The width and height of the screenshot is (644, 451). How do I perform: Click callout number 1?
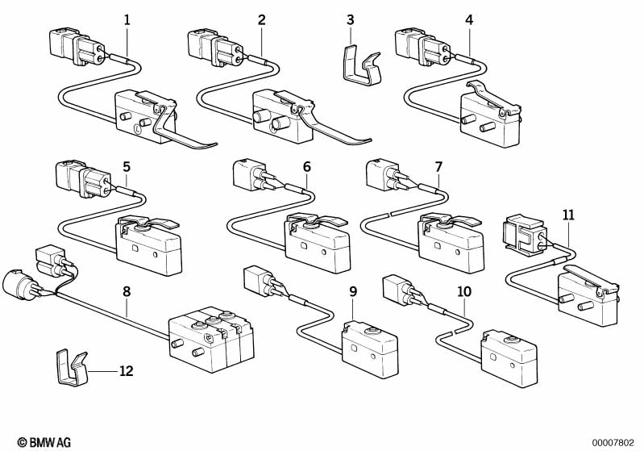coord(127,20)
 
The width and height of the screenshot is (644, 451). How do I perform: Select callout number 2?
coord(262,20)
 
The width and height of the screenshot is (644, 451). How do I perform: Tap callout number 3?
coord(351,20)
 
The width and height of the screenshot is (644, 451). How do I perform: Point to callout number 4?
coord(469,20)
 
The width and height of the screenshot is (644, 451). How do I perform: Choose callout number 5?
coord(127,167)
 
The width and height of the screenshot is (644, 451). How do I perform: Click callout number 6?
coord(306,167)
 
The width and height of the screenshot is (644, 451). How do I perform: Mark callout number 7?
coord(438,167)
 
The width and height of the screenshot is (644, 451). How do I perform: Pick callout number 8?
coord(127,291)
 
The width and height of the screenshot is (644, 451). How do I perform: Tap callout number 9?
coord(353,291)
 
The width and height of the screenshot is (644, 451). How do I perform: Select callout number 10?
coord(464,291)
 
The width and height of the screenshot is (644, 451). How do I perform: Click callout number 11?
coord(569,215)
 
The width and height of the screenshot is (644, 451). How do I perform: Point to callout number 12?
coord(126,371)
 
